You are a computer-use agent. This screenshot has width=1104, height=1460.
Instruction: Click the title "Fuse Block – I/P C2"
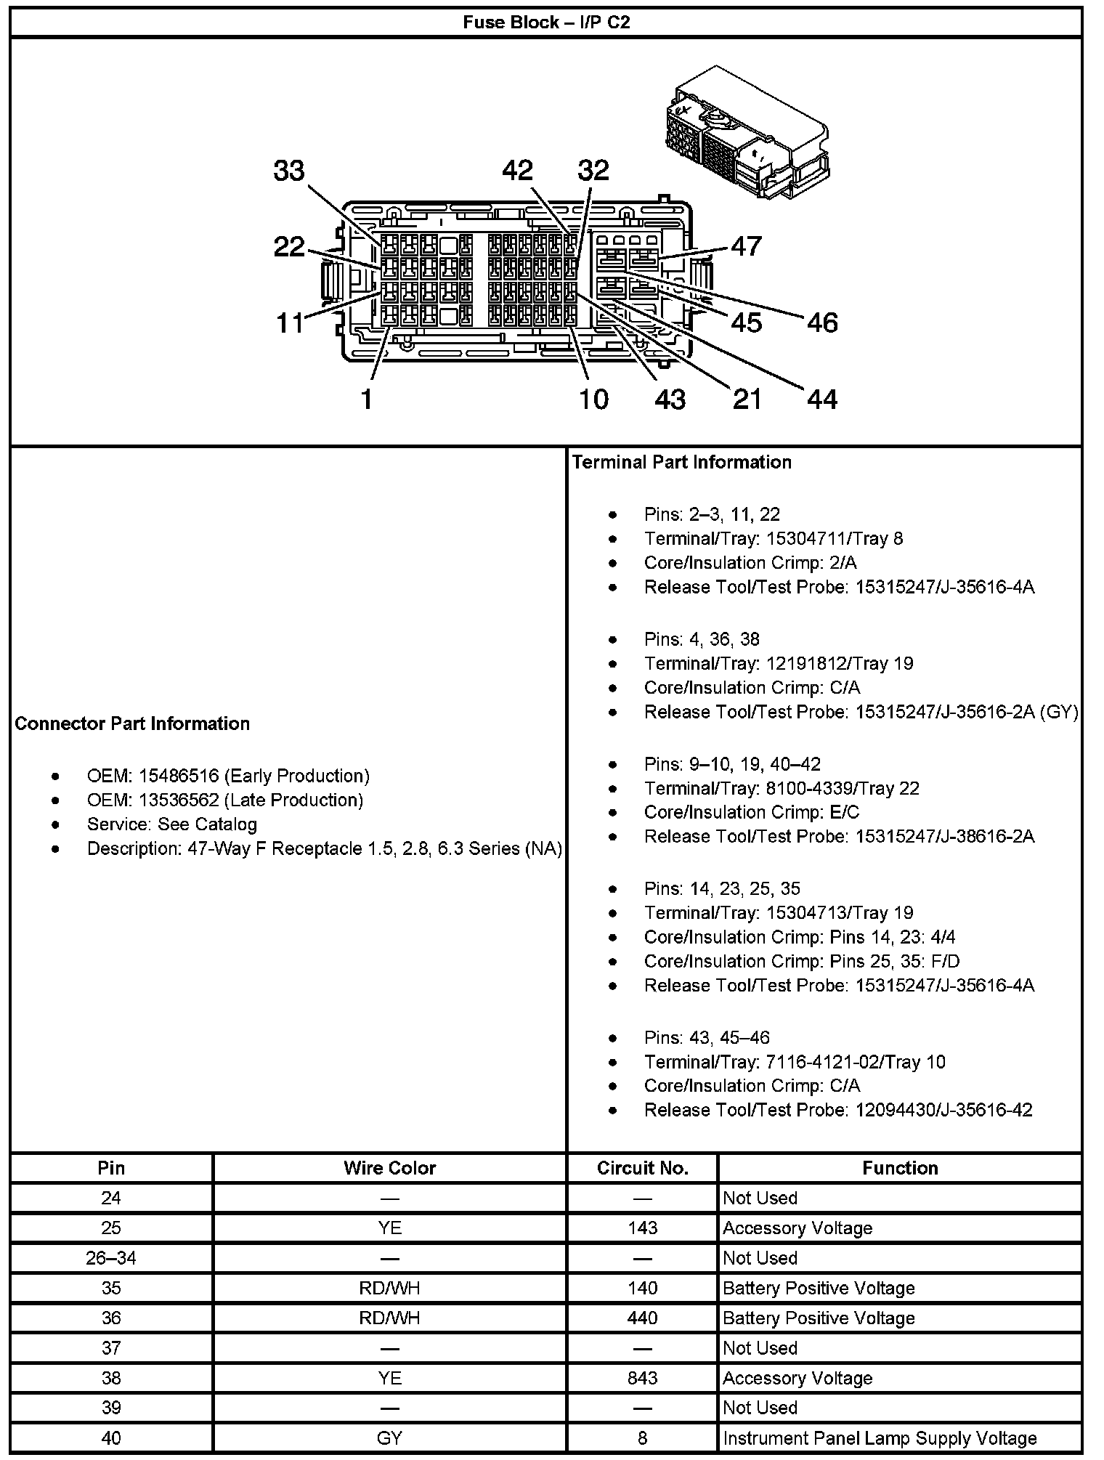[546, 23]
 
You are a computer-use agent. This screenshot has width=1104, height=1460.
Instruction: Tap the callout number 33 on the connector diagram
[289, 171]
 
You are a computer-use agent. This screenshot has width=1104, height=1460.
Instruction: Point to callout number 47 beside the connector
[746, 246]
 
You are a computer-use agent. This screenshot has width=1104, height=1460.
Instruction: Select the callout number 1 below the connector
[368, 399]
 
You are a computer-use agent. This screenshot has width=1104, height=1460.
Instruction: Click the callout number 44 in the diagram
[821, 399]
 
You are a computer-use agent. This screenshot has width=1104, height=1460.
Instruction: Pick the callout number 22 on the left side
[289, 247]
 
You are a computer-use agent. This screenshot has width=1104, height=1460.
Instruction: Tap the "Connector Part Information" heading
[132, 723]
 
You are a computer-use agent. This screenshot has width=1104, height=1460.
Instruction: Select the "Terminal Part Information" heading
[681, 462]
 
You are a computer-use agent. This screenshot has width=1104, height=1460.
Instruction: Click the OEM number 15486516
[179, 776]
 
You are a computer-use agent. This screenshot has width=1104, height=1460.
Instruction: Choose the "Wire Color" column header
[389, 1168]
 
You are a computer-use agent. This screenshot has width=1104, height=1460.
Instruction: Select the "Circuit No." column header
[642, 1168]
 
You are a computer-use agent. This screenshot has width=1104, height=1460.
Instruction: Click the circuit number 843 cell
[642, 1378]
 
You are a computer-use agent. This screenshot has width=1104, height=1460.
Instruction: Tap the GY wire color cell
[389, 1437]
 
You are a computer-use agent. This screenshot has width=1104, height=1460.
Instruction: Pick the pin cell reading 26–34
[111, 1258]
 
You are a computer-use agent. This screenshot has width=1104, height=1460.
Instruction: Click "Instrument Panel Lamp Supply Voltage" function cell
[880, 1437]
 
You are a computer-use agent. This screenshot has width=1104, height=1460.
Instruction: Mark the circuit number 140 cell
[642, 1288]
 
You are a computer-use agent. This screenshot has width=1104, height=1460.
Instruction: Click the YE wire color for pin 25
[389, 1228]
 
